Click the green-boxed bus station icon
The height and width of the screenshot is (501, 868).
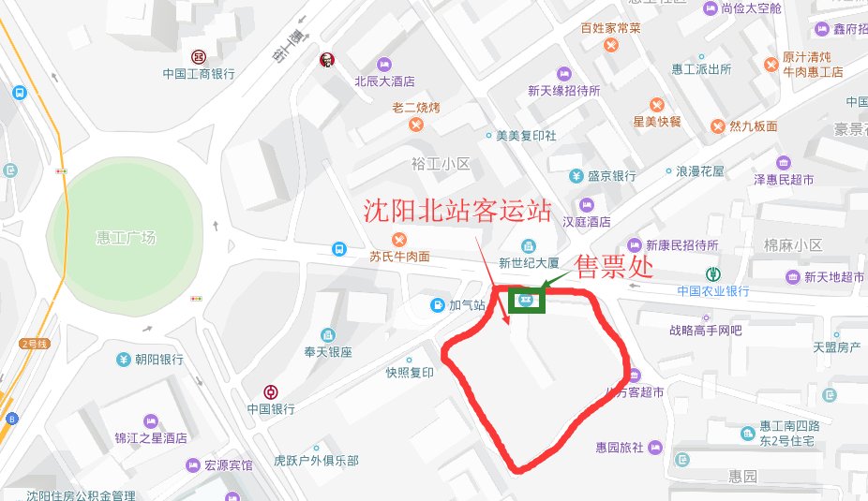coord(525,301)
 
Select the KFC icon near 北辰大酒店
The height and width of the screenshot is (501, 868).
coord(326,60)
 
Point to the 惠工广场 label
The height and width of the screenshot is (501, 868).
coord(126,238)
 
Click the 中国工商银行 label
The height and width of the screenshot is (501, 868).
coord(198,73)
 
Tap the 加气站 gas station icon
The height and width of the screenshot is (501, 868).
coord(438,304)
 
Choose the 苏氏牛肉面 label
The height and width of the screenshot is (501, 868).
coord(399,256)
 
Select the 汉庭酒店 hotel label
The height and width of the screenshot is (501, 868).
coord(586,222)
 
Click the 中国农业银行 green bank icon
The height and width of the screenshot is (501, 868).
coord(713,273)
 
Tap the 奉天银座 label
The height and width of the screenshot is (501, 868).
coord(327,352)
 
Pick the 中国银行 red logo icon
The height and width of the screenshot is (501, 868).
coord(271,391)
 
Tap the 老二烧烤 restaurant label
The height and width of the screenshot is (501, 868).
coord(415,108)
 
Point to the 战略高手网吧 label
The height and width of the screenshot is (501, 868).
coord(705,330)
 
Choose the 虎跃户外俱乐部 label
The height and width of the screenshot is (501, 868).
coord(316,461)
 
